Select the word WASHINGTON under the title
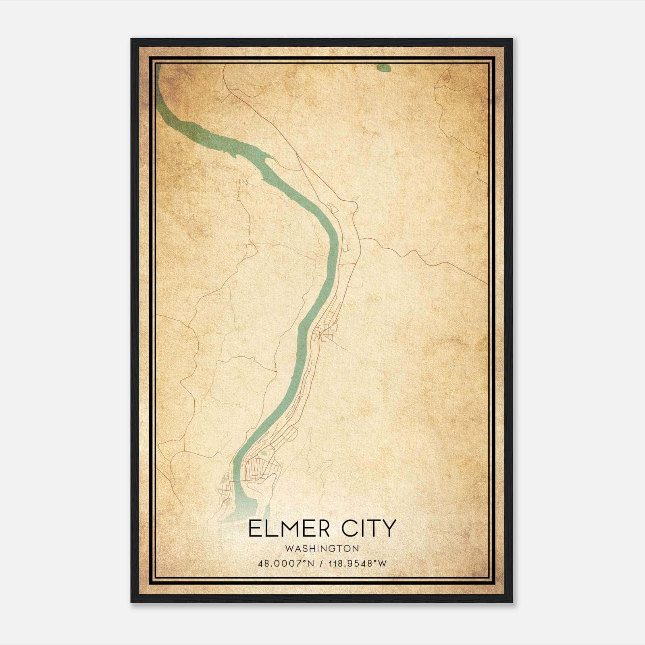pos(322,548)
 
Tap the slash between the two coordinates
pos(320,564)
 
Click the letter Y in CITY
pos(389,528)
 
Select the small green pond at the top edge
pos(383,68)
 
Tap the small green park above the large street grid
pos(264,453)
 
